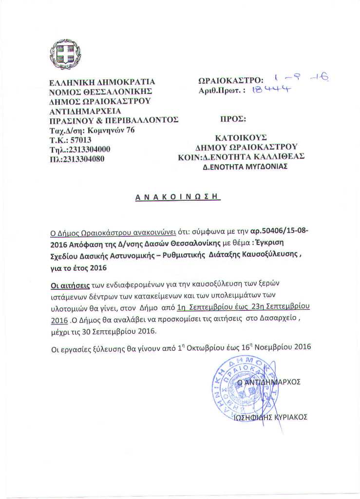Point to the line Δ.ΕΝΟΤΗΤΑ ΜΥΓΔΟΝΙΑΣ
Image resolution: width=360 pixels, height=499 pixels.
click(x=245, y=166)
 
